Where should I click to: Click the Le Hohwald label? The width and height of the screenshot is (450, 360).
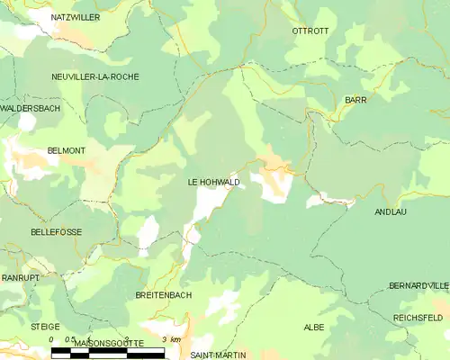click(x=213, y=182)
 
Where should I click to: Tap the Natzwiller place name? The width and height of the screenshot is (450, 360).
click(x=75, y=17)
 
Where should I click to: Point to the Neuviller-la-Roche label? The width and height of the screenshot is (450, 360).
click(x=95, y=76)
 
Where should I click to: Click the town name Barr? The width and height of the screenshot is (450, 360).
click(x=355, y=100)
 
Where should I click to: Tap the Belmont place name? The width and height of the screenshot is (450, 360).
click(x=66, y=151)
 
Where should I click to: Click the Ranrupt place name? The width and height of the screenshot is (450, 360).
click(x=20, y=278)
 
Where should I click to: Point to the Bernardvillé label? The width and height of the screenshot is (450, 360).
click(x=418, y=285)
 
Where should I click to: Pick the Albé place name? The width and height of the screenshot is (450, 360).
click(x=313, y=327)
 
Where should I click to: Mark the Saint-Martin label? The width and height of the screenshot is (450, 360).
click(x=220, y=355)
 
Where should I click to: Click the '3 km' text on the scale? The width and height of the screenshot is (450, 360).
click(x=170, y=339)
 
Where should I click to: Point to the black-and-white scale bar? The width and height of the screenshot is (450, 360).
click(x=108, y=352)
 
